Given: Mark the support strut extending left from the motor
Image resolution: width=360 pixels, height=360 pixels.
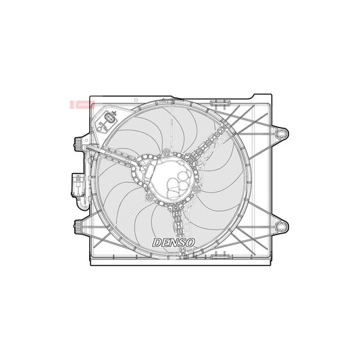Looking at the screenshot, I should coord(118,159).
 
